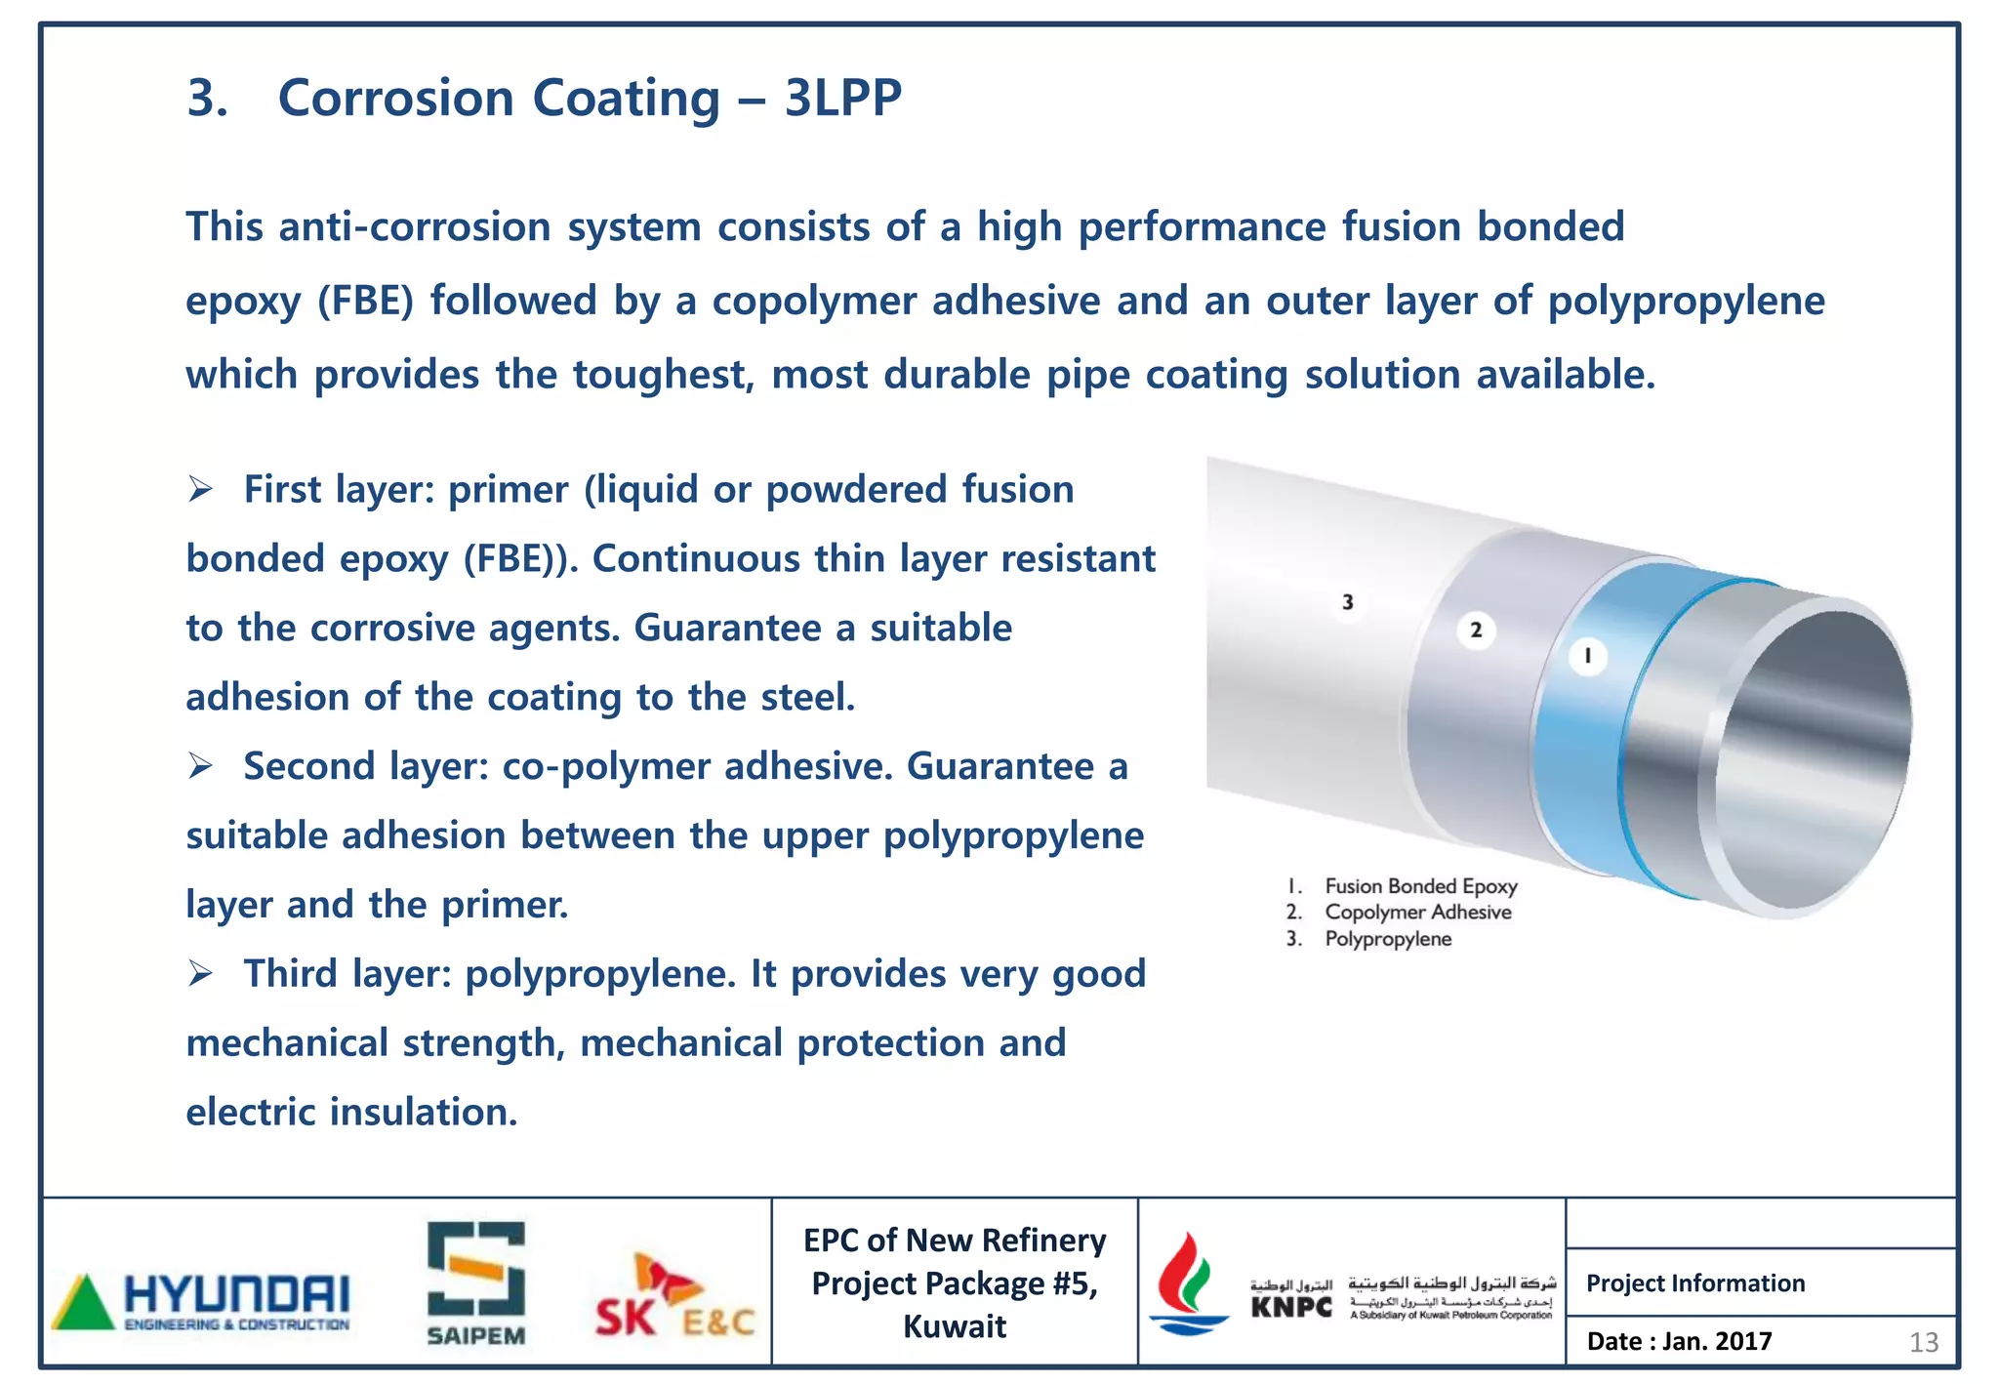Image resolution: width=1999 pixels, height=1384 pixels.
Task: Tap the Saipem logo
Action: [476, 1282]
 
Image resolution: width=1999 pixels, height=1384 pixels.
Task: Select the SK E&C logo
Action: [673, 1298]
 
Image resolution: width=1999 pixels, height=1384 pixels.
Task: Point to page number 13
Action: [1923, 1343]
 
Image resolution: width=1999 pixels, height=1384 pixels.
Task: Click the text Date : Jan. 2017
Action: [1679, 1341]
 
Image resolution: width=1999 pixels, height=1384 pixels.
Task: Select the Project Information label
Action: [1695, 1283]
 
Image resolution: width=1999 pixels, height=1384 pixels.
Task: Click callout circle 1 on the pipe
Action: [1588, 656]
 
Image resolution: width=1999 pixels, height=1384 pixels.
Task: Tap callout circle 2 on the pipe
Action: [1476, 631]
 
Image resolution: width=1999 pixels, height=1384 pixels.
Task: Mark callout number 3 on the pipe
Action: [1348, 602]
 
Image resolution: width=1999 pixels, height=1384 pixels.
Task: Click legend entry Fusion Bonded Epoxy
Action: [1420, 886]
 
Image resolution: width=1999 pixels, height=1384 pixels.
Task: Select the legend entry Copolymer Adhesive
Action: [1417, 913]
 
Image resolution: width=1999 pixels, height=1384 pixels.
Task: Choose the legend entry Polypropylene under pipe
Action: [1387, 939]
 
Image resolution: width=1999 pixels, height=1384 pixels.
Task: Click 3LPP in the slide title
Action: [843, 99]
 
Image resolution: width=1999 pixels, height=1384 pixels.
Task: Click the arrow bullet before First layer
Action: [201, 489]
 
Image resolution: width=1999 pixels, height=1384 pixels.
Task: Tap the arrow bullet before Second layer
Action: [201, 766]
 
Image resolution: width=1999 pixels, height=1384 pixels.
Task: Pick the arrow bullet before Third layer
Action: [201, 973]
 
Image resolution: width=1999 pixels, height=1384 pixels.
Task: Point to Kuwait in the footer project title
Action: [954, 1327]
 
